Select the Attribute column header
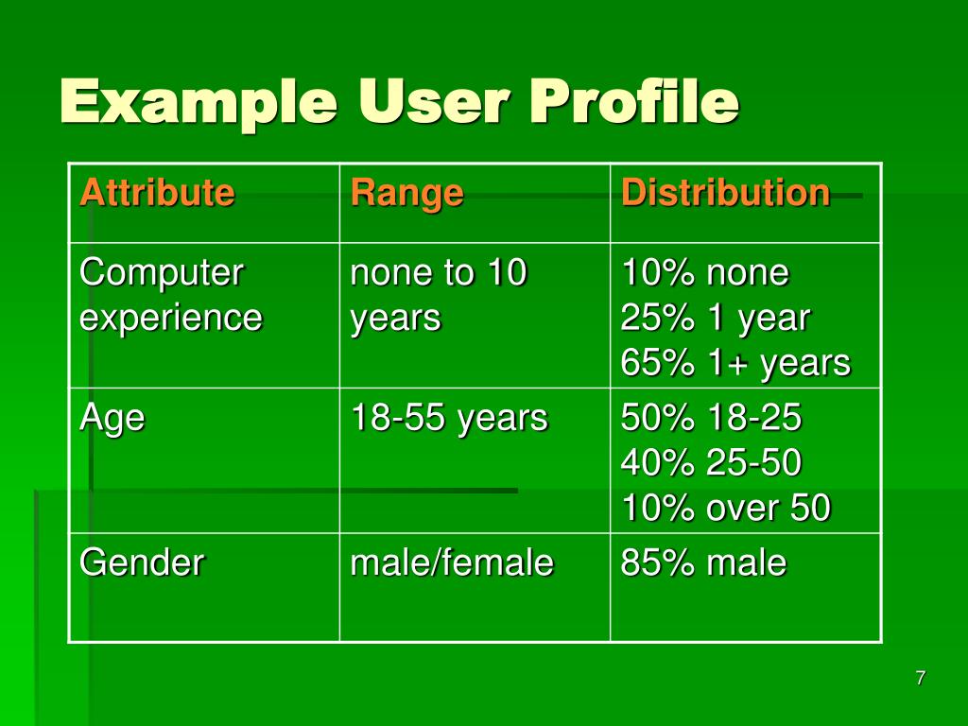click(157, 193)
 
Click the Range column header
click(406, 193)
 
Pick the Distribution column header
click(725, 193)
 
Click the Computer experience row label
click(170, 295)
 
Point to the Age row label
click(112, 417)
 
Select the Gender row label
click(142, 563)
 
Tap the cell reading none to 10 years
click(439, 295)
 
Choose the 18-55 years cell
click(449, 417)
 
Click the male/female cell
click(452, 563)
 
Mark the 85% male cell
click(703, 563)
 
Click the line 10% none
click(704, 273)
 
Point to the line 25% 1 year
click(716, 319)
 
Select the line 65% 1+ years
click(735, 364)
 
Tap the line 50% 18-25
click(711, 417)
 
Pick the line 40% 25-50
click(711, 463)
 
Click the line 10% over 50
click(726, 509)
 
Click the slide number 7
click(920, 678)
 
